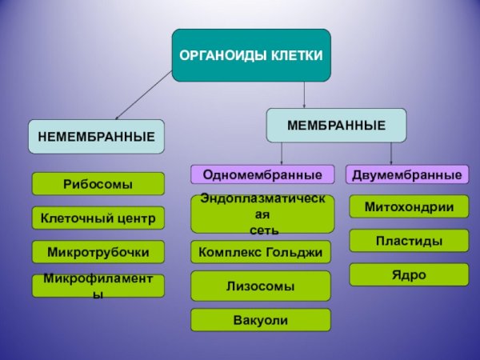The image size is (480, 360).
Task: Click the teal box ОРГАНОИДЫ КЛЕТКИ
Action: click(250, 55)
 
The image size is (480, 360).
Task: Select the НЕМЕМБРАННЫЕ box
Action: click(96, 137)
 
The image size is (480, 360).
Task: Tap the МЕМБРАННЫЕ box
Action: click(336, 125)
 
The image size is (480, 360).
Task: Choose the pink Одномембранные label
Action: click(262, 174)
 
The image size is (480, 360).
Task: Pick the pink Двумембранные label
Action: click(407, 174)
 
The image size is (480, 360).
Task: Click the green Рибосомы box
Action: click(98, 184)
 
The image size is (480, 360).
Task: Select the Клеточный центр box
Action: click(98, 218)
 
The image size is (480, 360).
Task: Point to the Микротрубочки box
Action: click(98, 252)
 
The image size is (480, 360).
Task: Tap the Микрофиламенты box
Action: click(98, 286)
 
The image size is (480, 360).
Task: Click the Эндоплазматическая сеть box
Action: click(262, 214)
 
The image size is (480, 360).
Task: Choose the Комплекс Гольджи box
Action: click(261, 252)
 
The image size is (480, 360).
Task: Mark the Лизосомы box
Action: click(261, 286)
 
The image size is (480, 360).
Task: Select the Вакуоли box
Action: click(261, 320)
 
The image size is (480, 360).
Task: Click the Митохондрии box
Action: click(409, 206)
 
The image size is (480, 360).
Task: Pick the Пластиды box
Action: click(409, 240)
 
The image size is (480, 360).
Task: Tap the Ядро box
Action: click(409, 274)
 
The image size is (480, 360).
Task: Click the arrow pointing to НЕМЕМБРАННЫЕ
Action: click(144, 94)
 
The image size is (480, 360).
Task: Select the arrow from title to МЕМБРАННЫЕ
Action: click(305, 94)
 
